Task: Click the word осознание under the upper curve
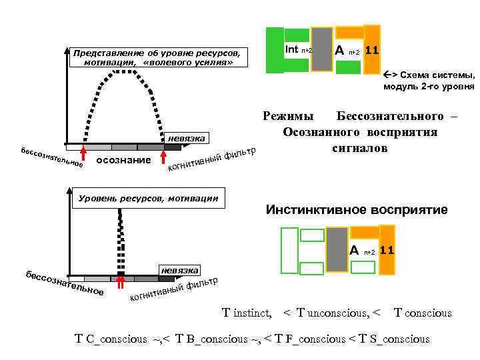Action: pyautogui.click(x=123, y=161)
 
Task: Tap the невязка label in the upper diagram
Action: pyautogui.click(x=187, y=138)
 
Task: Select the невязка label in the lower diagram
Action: pyautogui.click(x=179, y=270)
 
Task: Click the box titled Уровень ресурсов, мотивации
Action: pyautogui.click(x=148, y=198)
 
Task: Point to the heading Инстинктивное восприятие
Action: pyautogui.click(x=357, y=210)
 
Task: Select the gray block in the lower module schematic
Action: pyautogui.click(x=337, y=249)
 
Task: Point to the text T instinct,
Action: pyautogui.click(x=247, y=313)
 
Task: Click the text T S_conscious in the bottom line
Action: pyautogui.click(x=393, y=339)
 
